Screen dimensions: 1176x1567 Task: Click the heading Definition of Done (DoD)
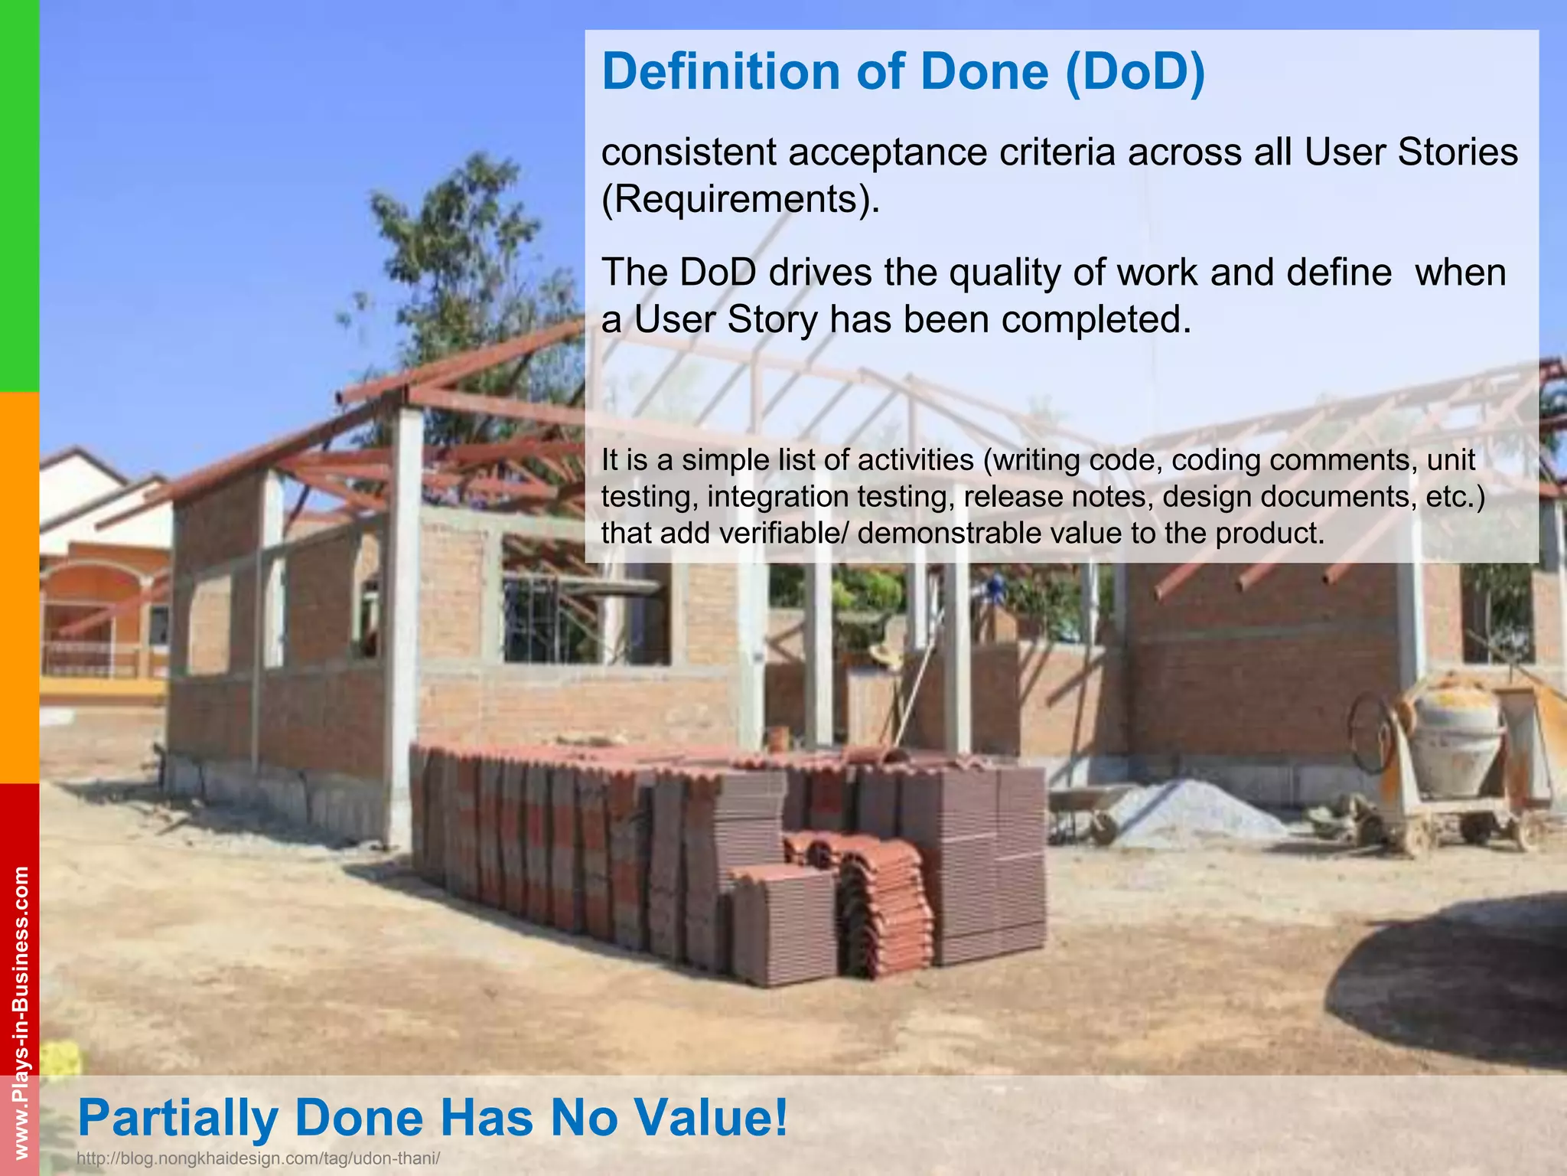(x=903, y=71)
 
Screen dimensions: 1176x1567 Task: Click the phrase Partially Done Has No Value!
(x=432, y=1117)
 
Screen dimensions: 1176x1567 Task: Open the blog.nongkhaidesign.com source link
(x=259, y=1158)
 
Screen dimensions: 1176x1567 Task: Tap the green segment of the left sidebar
(x=19, y=195)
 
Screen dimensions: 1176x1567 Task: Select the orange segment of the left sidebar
(x=19, y=587)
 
